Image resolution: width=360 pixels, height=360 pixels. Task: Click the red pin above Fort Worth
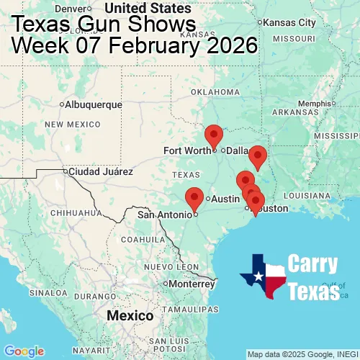point(214,135)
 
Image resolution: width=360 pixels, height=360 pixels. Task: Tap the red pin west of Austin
point(194,197)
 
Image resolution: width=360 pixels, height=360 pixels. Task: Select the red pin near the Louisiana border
point(257,156)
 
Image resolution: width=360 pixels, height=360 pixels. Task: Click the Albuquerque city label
point(93,104)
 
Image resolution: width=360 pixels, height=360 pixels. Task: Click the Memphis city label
point(313,103)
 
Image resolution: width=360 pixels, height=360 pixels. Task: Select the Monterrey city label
point(193,284)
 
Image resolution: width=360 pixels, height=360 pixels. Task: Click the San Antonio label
point(166,214)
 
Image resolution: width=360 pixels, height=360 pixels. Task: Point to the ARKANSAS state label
point(295,112)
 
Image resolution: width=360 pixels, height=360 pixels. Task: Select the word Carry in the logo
point(314,264)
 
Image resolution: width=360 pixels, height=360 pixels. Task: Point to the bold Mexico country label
point(130,316)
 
